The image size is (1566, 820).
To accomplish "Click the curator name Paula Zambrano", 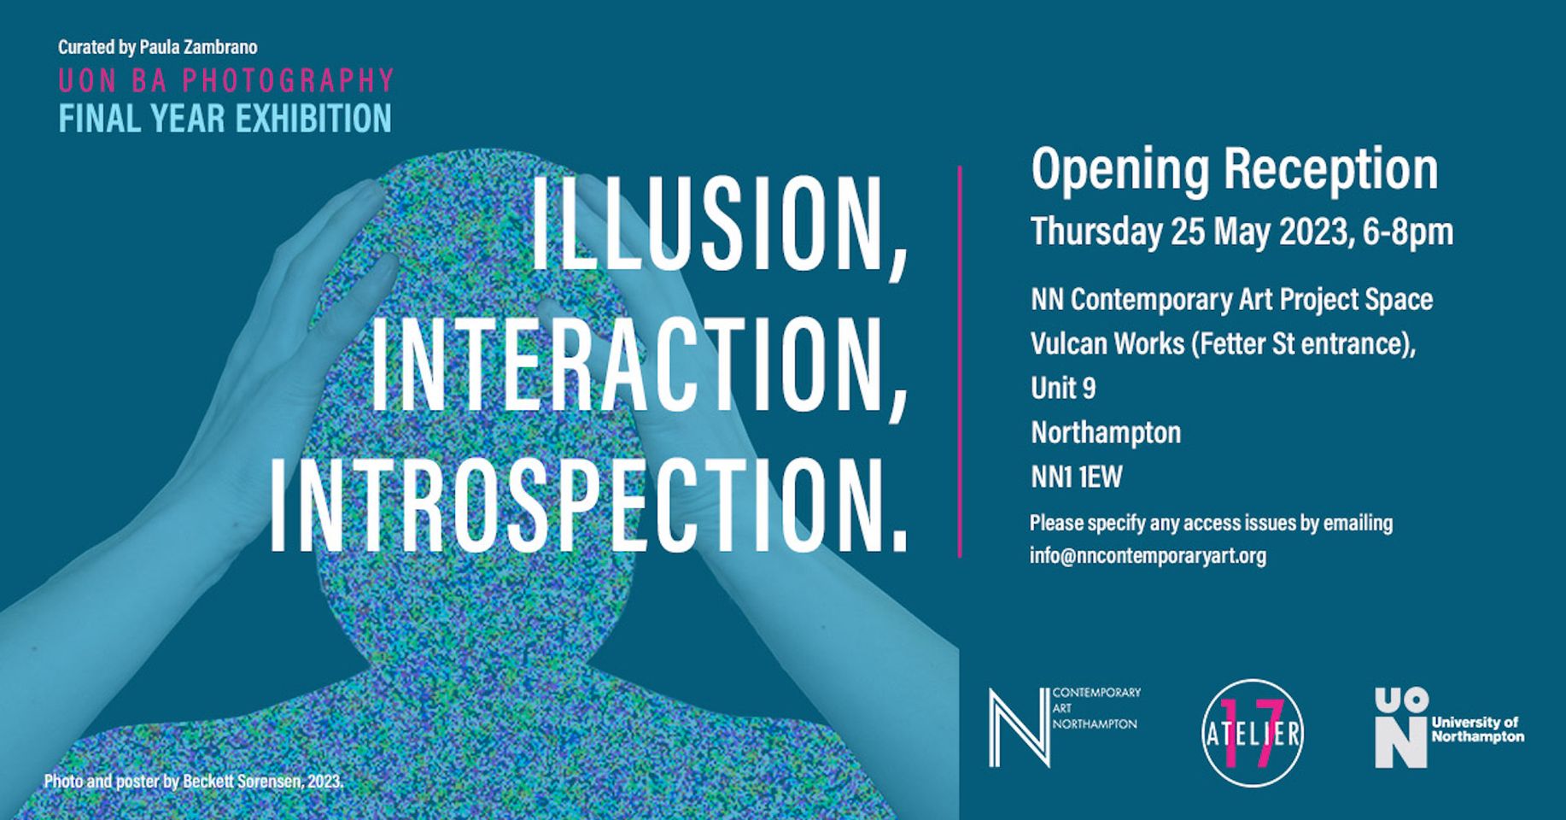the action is click(198, 47).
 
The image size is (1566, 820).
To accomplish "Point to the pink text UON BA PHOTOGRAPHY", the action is click(226, 80).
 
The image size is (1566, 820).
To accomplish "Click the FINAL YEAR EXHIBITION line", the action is click(225, 118).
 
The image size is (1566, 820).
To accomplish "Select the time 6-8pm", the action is click(1408, 231).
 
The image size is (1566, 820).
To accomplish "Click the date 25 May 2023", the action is click(1260, 231).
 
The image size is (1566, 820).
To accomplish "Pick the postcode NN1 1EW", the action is click(1077, 477).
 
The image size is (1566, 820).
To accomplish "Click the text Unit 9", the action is click(1063, 388).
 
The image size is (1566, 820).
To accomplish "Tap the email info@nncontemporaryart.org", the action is click(1148, 555).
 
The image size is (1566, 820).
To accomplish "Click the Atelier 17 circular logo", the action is click(1253, 733).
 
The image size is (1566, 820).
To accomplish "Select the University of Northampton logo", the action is click(1449, 729).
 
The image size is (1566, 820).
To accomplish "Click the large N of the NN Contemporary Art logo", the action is click(1019, 727).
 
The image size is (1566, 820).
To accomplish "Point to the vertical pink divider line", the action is click(960, 361).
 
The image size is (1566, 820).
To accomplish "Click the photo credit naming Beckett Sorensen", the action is click(194, 782).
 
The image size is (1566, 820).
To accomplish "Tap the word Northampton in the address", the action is click(1106, 432).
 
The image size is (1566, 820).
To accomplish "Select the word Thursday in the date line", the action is click(1096, 231).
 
